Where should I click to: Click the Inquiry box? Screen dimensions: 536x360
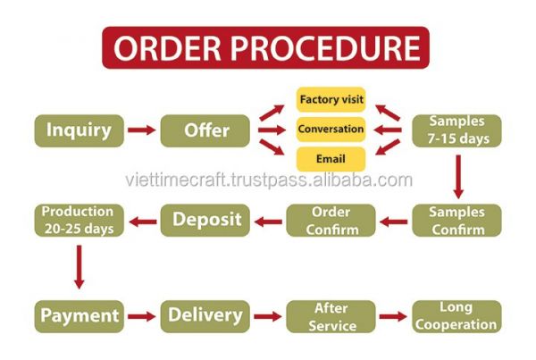point(79,130)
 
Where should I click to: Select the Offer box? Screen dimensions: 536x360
point(205,130)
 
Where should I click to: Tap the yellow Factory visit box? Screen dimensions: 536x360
point(331,99)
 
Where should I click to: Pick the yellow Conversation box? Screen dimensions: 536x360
point(331,130)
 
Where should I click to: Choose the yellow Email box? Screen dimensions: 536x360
point(331,159)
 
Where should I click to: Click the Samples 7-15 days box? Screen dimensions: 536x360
point(456,130)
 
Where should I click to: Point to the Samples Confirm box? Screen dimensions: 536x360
point(456,221)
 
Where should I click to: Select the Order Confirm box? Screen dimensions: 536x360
point(331,221)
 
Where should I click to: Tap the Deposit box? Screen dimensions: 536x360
point(205,221)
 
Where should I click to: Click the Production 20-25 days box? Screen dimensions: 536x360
point(79,221)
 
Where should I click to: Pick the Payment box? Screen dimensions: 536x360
point(79,316)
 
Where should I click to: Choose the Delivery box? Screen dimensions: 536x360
point(205,316)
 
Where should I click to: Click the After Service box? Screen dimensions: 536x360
point(331,316)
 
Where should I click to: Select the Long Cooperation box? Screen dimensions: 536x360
point(456,316)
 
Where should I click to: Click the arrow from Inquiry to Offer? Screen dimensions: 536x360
point(142,130)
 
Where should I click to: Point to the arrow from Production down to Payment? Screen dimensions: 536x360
point(80,267)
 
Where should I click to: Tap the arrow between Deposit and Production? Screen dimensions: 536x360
point(143,222)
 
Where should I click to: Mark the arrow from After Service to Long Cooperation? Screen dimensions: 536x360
point(393,316)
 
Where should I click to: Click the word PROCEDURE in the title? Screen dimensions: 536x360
point(325,48)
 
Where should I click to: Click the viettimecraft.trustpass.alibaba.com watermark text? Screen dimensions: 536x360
point(269,180)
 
